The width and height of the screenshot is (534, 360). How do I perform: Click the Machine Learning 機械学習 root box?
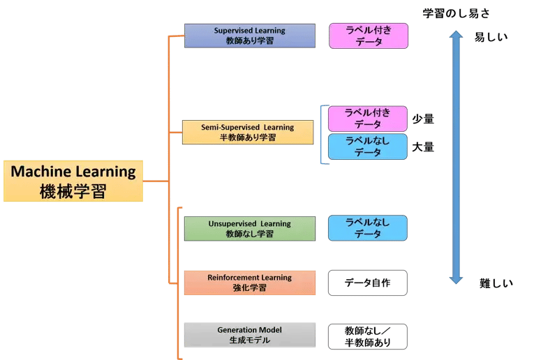click(73, 181)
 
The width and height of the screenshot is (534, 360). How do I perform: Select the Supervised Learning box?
click(249, 36)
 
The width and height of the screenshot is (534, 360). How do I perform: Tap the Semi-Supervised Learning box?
click(248, 132)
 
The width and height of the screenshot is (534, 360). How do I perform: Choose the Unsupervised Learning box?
click(249, 228)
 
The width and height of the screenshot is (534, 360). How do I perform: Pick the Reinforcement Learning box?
click(249, 282)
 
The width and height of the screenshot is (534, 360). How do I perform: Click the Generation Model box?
click(249, 335)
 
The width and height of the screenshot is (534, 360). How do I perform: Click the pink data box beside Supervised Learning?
click(369, 36)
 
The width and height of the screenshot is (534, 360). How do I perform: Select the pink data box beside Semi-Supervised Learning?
click(368, 119)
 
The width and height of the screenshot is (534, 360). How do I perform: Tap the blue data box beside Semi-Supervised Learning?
click(368, 147)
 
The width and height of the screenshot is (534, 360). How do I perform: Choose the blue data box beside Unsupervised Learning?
click(368, 228)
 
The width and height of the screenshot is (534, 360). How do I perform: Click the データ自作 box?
click(367, 283)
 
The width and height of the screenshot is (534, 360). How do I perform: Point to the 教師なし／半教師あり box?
click(367, 336)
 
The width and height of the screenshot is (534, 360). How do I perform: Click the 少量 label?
click(423, 119)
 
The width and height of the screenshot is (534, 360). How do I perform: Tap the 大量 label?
click(423, 147)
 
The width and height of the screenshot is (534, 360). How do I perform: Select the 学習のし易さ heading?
click(457, 13)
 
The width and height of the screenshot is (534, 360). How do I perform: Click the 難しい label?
click(496, 283)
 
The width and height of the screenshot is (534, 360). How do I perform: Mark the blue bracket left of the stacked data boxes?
click(322, 134)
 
